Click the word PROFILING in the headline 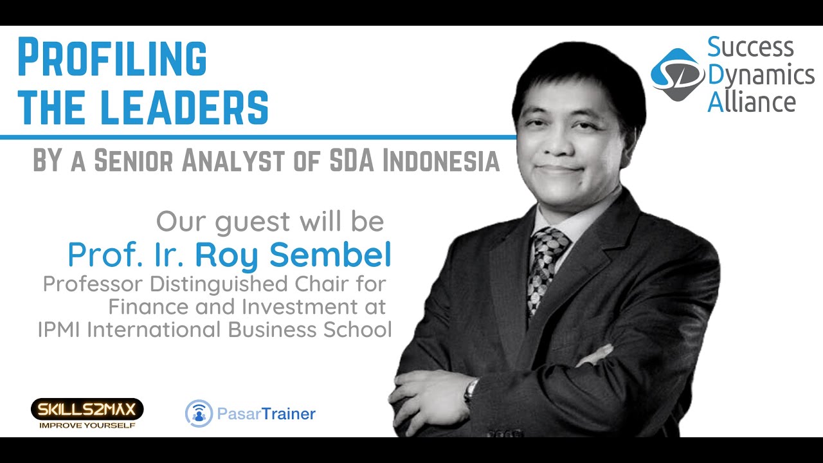pyautogui.click(x=112, y=58)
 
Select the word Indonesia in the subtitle pyautogui.click(x=441, y=161)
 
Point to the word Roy pyautogui.click(x=225, y=257)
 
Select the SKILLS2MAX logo pyautogui.click(x=87, y=409)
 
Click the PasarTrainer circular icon pyautogui.click(x=199, y=413)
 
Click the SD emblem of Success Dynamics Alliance pyautogui.click(x=677, y=74)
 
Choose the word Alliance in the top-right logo pyautogui.click(x=752, y=102)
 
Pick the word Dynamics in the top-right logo pyautogui.click(x=761, y=75)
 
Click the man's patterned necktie pyautogui.click(x=546, y=264)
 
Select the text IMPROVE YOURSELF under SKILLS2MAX pyautogui.click(x=87, y=425)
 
